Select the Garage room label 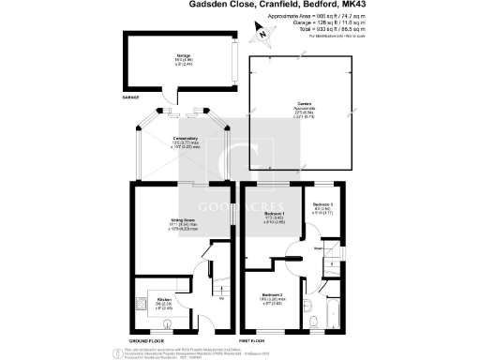[184, 55]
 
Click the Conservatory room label [185, 140]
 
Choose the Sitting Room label [183, 221]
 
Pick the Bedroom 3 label [322, 204]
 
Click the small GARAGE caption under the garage [130, 96]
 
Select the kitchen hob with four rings [141, 303]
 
